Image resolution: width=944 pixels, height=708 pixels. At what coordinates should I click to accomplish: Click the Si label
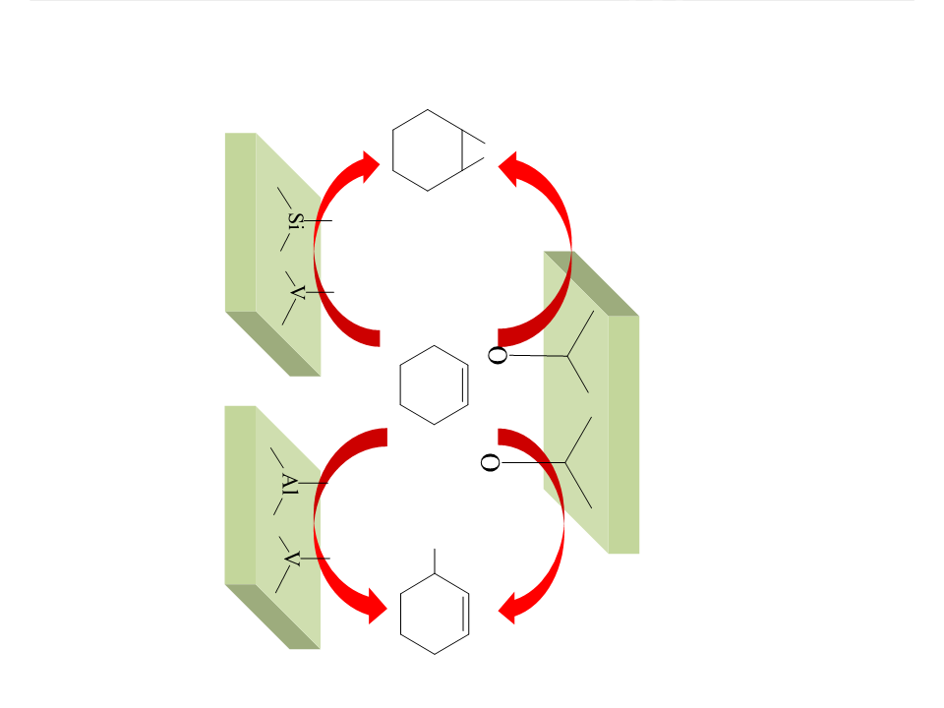(295, 219)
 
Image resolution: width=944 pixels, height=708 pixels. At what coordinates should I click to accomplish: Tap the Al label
(289, 484)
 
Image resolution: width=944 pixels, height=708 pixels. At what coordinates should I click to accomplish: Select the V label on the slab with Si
(297, 292)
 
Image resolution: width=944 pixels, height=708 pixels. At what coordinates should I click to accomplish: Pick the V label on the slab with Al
(291, 559)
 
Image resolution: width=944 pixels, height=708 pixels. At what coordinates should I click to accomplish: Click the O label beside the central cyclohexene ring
(498, 355)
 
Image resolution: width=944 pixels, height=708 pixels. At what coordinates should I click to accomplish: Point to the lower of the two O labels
(490, 462)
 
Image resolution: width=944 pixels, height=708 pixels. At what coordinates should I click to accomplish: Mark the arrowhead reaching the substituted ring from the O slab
(508, 608)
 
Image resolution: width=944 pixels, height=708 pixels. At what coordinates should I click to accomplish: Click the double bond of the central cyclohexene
(465, 384)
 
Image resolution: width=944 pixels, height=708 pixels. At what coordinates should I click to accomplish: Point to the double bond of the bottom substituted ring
(465, 614)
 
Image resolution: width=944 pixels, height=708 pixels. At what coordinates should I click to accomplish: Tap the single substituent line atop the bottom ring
(435, 561)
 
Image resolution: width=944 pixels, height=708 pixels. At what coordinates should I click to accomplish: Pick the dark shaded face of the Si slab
(274, 344)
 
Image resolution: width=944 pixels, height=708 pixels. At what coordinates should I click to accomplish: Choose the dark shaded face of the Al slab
(273, 617)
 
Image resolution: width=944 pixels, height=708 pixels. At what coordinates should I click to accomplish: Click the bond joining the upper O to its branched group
(537, 356)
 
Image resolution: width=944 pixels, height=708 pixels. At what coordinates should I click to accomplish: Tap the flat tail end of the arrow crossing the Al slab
(386, 438)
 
